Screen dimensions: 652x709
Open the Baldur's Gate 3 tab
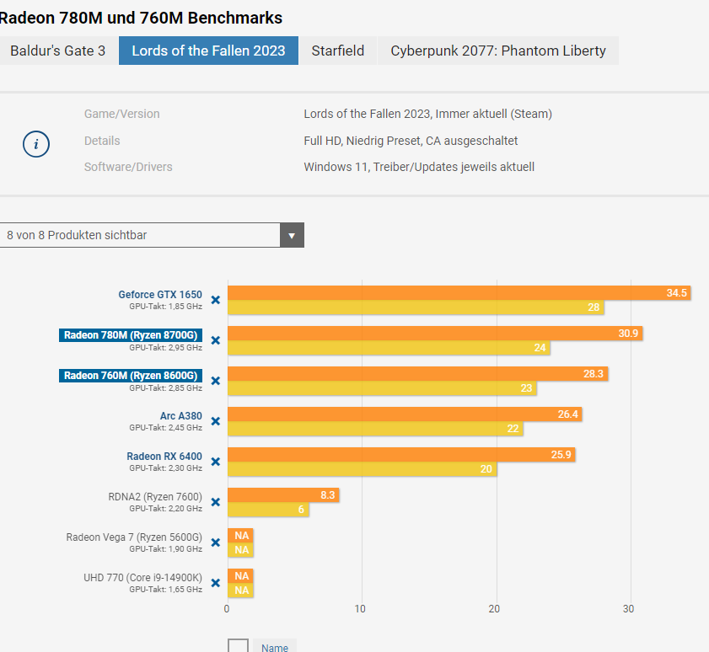[x=57, y=51]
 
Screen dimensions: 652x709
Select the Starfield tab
[x=337, y=51]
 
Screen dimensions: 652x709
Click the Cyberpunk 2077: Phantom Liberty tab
[x=497, y=51]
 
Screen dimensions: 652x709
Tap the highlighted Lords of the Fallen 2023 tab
[x=208, y=51]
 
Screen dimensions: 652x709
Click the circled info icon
[x=35, y=144]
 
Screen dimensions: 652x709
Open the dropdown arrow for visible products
[x=292, y=235]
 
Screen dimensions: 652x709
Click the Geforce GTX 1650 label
[x=160, y=295]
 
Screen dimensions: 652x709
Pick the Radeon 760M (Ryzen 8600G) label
[x=131, y=376]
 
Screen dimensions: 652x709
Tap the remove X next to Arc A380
[x=215, y=421]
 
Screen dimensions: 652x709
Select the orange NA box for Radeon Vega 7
[x=241, y=536]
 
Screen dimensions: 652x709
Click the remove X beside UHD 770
[x=215, y=583]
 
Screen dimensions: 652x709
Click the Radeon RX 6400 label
[x=164, y=457]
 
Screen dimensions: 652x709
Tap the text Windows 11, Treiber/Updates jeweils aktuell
[x=419, y=167]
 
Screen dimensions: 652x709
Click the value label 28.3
[x=594, y=374]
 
